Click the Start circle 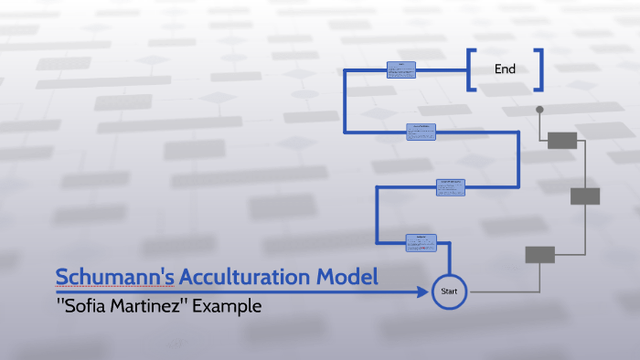(x=449, y=291)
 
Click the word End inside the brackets (x=506, y=69)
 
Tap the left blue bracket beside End (x=471, y=70)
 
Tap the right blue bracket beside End (x=539, y=70)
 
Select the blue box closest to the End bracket (x=401, y=69)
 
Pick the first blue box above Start (x=421, y=242)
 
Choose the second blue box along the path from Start (x=451, y=187)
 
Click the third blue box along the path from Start (x=421, y=132)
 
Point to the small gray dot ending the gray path (x=539, y=110)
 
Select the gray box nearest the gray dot (x=562, y=140)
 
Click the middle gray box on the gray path (x=585, y=196)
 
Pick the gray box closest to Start (x=539, y=254)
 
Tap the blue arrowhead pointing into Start (x=423, y=292)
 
